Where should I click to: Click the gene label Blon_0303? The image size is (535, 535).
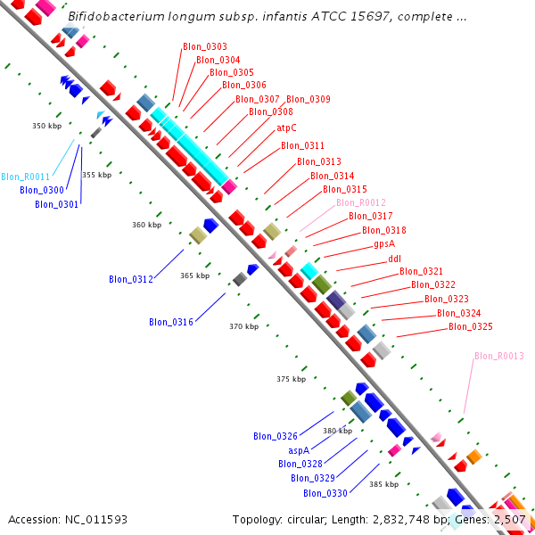coord(204,46)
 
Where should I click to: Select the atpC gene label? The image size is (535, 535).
coord(286,128)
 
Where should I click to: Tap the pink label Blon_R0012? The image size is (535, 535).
coord(361,202)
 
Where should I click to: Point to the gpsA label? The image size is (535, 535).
coord(384,243)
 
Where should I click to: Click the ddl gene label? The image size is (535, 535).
coord(394,259)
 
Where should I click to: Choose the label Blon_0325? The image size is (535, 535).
coord(470,326)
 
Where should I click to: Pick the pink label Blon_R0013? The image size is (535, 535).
coord(498,356)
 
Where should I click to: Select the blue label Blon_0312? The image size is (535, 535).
coord(131,279)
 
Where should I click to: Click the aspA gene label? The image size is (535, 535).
coord(299,450)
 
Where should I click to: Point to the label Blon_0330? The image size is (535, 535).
coord(325,493)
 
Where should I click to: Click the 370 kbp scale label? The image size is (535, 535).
coord(243,326)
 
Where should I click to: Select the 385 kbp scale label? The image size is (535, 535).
coord(383,483)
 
